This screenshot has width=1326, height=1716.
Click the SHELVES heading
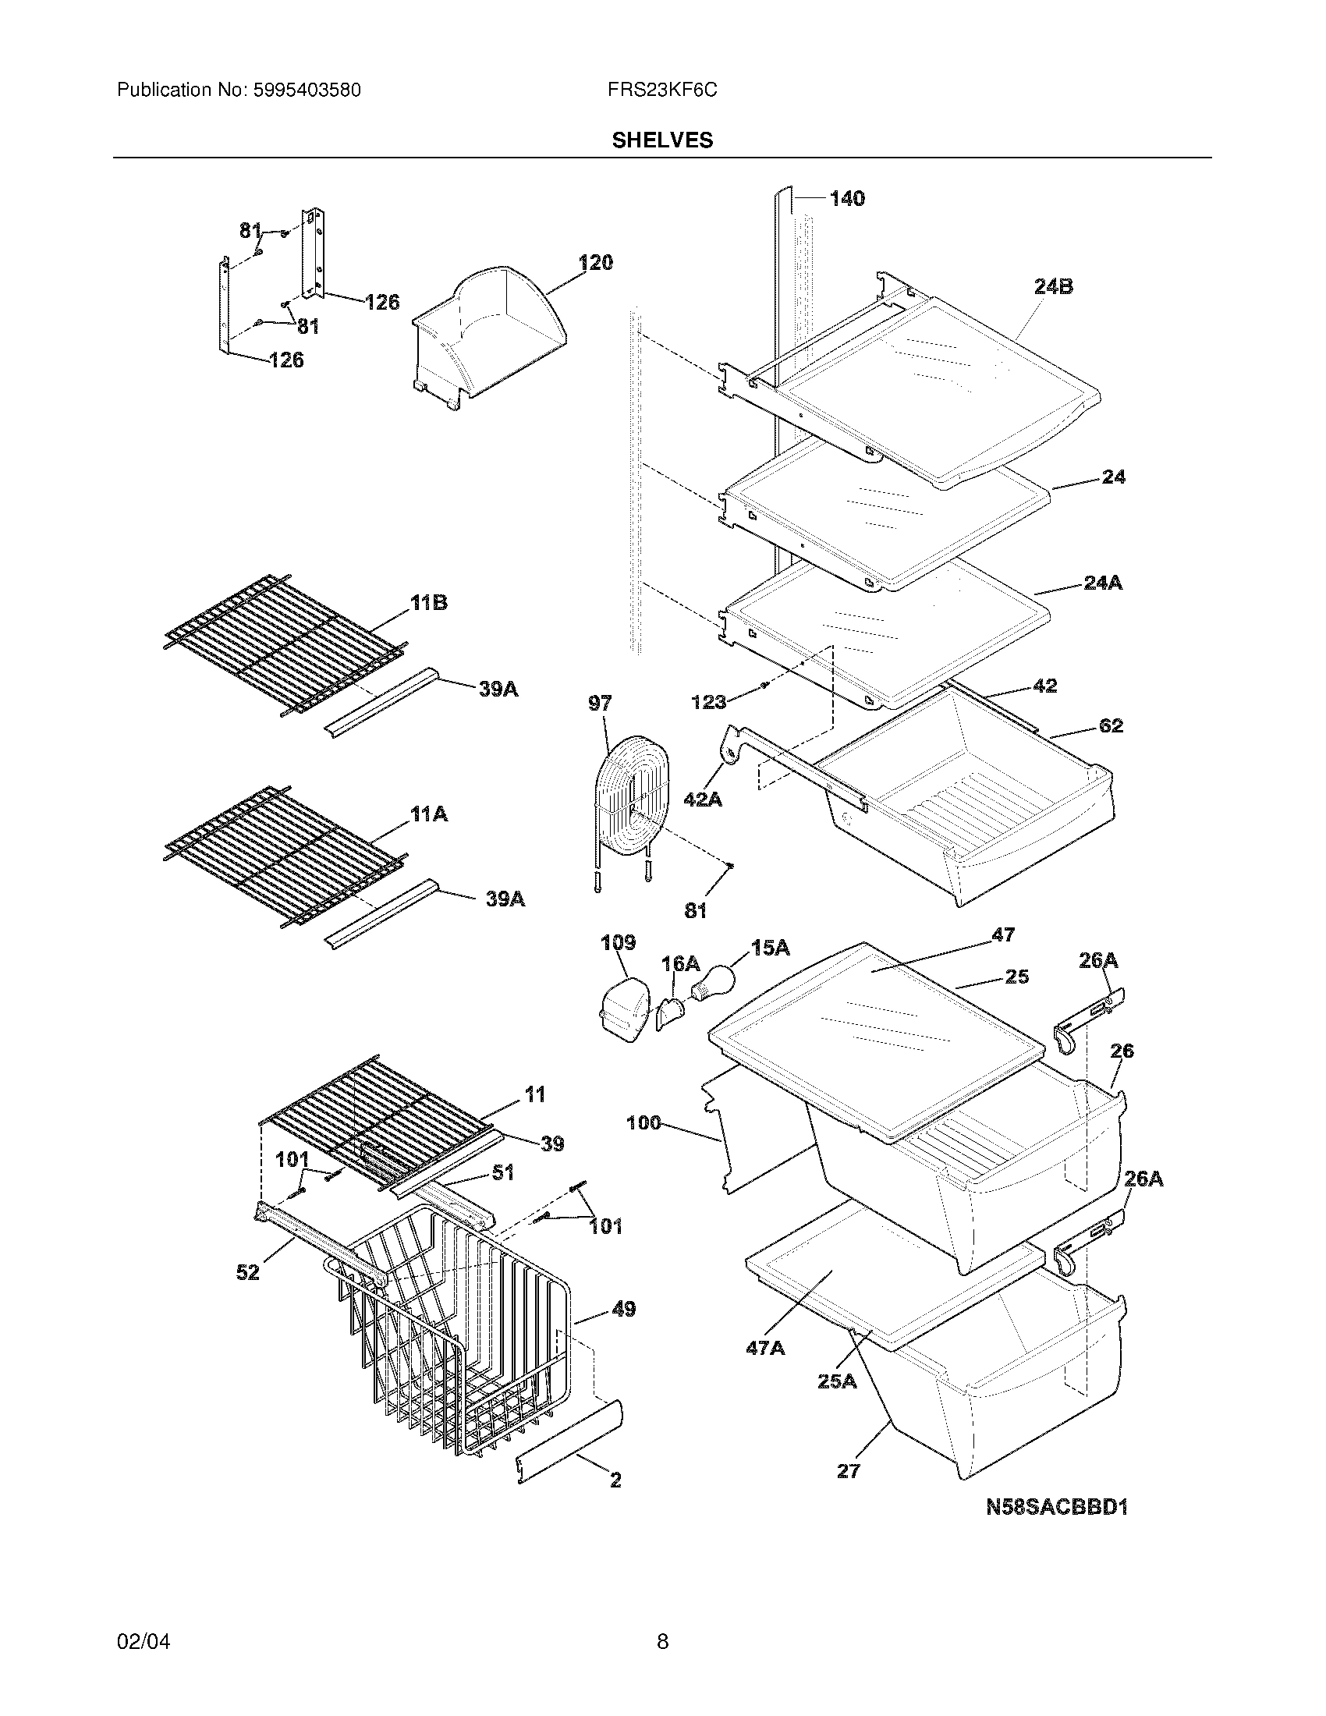click(662, 140)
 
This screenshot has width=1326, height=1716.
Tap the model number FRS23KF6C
click(661, 90)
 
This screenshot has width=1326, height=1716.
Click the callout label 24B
click(1053, 287)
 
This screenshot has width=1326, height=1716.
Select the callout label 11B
click(429, 604)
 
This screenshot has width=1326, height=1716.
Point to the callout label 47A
click(765, 1349)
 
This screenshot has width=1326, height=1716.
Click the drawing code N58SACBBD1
click(1057, 1507)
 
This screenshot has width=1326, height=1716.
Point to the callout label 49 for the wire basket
click(623, 1310)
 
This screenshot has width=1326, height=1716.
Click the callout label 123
click(708, 702)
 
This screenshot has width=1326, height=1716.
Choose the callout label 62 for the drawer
click(1110, 725)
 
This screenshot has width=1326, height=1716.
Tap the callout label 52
click(247, 1272)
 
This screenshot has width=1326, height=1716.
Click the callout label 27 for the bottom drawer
click(849, 1471)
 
